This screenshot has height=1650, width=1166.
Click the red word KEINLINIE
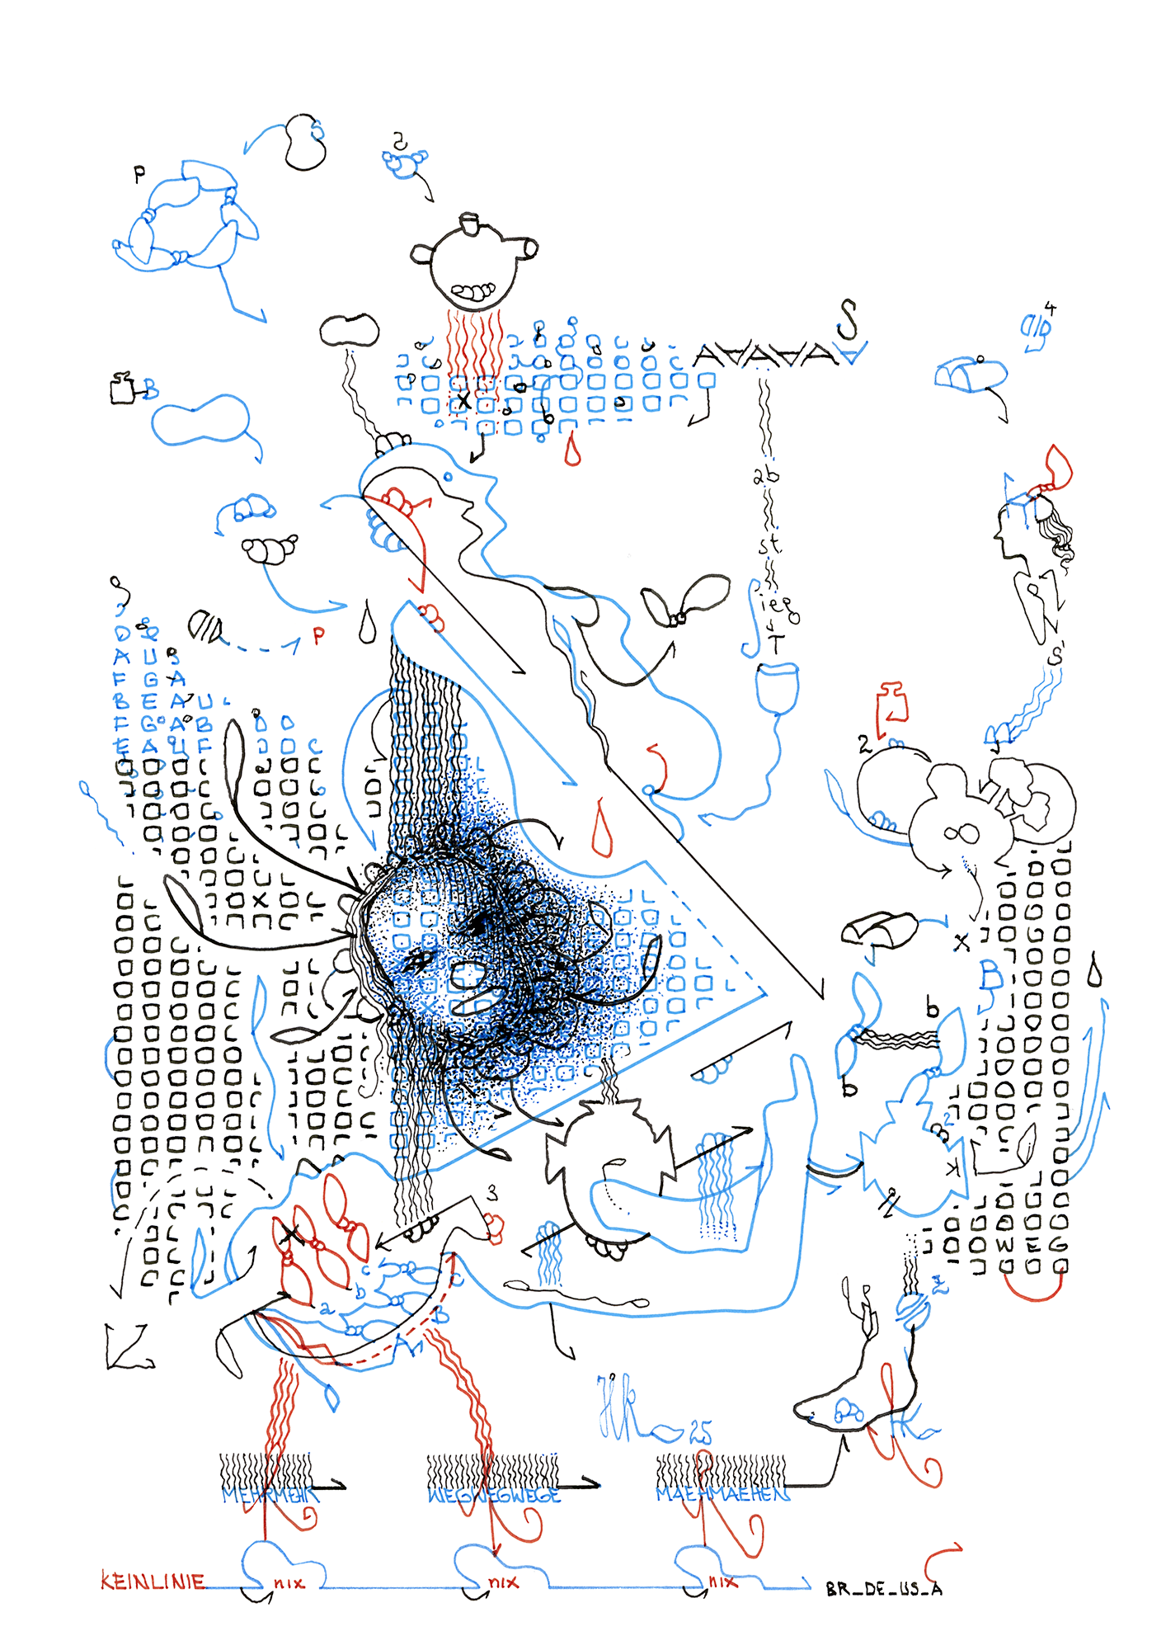(x=153, y=1581)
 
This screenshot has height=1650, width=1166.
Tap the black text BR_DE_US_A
(x=884, y=1588)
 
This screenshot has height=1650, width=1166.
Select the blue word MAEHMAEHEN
(x=722, y=1494)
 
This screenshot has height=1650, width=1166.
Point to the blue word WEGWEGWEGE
(x=494, y=1495)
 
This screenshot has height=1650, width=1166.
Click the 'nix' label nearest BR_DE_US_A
(x=723, y=1582)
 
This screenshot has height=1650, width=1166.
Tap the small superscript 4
(x=1051, y=309)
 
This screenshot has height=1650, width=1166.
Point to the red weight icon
(x=891, y=705)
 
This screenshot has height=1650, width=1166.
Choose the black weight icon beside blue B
(x=123, y=388)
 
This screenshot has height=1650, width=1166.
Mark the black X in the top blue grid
(x=464, y=401)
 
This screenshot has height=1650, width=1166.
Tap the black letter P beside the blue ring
(x=139, y=173)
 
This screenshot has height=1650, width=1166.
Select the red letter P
(x=318, y=635)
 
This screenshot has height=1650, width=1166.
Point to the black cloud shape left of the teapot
(x=350, y=330)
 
